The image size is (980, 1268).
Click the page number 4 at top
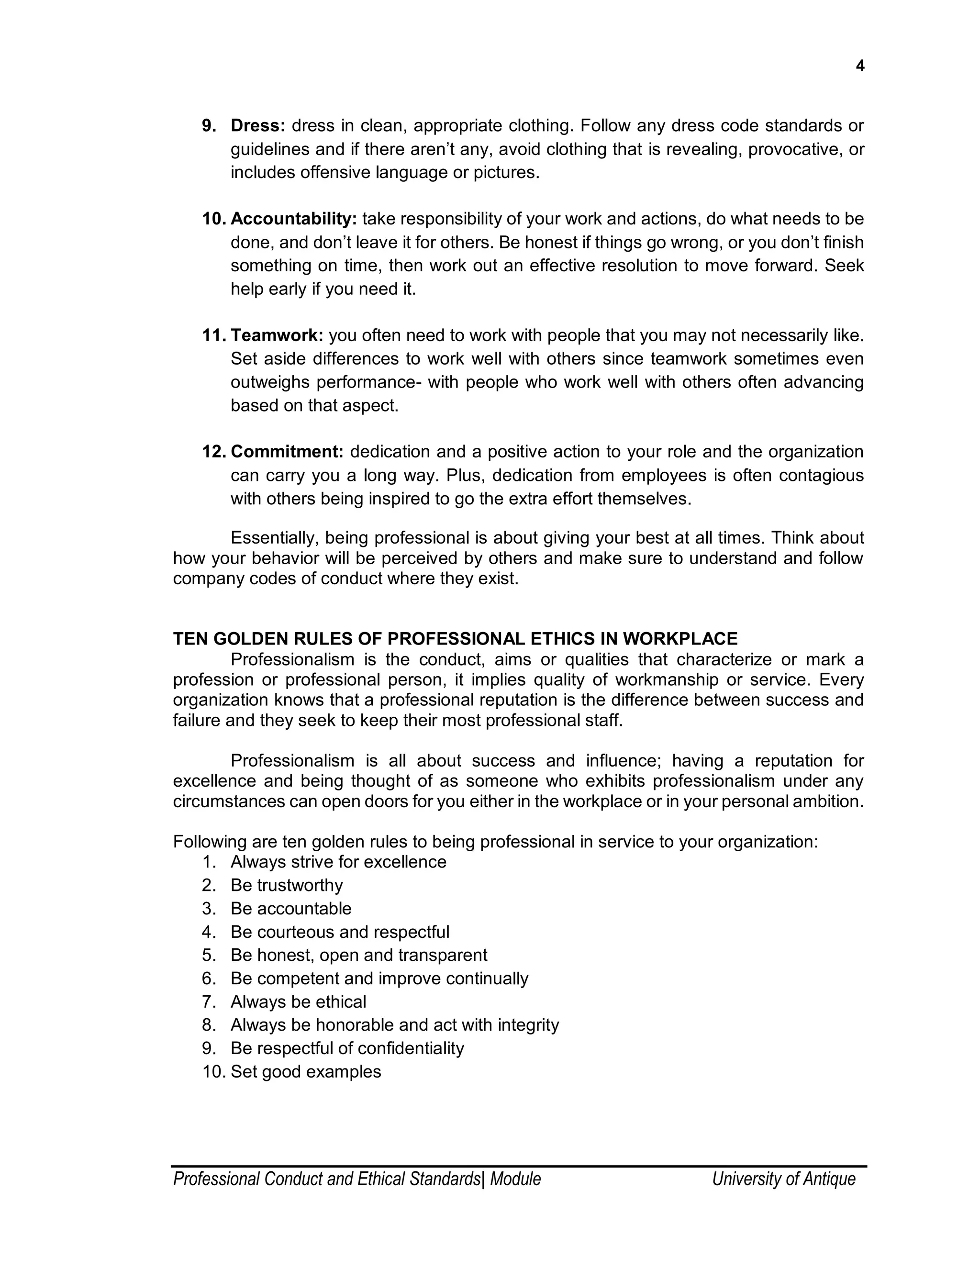[x=860, y=67]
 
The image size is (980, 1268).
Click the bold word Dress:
[x=258, y=126]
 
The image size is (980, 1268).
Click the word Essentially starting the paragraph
[x=274, y=538]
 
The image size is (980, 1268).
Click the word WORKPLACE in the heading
[x=680, y=639]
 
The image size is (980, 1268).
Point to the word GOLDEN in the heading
[x=250, y=639]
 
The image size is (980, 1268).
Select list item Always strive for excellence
[x=338, y=862]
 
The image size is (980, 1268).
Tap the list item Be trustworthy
[x=287, y=885]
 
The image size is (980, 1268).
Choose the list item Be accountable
[x=291, y=909]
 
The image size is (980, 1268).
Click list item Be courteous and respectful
[x=340, y=932]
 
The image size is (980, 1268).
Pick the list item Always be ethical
[x=299, y=1001]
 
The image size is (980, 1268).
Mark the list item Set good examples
[x=306, y=1071]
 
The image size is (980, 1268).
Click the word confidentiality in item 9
[x=411, y=1048]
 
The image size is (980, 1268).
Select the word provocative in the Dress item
[x=795, y=150]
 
